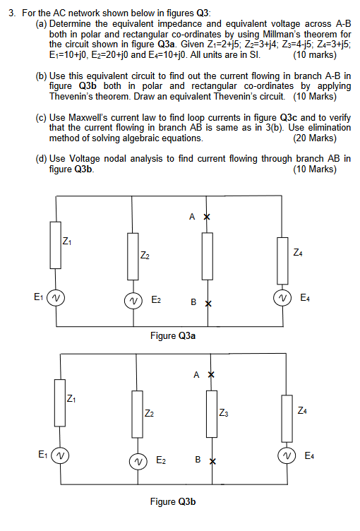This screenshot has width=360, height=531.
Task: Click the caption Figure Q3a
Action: click(x=173, y=335)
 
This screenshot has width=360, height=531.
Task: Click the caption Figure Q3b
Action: click(x=173, y=501)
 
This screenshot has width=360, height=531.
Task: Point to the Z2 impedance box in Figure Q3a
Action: click(x=132, y=254)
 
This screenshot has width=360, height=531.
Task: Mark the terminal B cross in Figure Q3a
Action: click(x=208, y=304)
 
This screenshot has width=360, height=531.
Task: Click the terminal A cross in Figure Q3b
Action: click(x=210, y=374)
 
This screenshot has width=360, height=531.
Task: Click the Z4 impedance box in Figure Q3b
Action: click(x=287, y=412)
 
